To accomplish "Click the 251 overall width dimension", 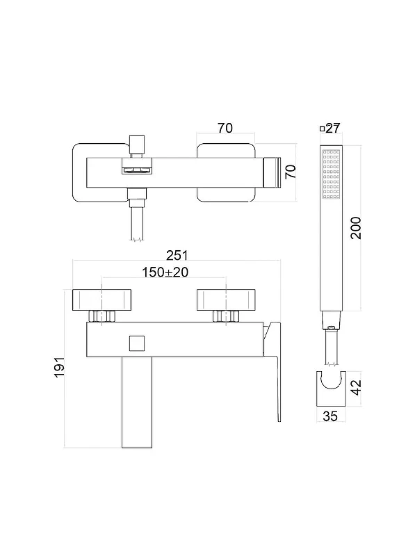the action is (177, 255).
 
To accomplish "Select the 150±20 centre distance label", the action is (165, 272).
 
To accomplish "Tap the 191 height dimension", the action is (59, 367).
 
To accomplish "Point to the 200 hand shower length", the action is (356, 228).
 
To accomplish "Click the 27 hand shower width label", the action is (333, 128).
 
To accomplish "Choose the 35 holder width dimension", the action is (330, 416).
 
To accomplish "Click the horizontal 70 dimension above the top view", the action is (225, 128).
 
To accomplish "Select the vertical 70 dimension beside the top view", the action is (291, 172).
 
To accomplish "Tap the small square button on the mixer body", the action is (136, 343).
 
